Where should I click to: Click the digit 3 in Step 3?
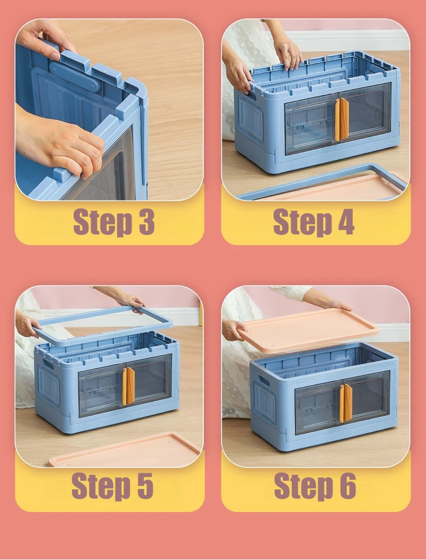[147, 222]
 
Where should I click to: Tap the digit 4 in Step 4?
[345, 222]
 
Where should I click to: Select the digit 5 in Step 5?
[145, 486]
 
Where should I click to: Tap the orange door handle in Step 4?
[341, 119]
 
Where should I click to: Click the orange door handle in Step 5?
[128, 386]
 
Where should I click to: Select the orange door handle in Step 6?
[346, 403]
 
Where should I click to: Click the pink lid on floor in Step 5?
[125, 450]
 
